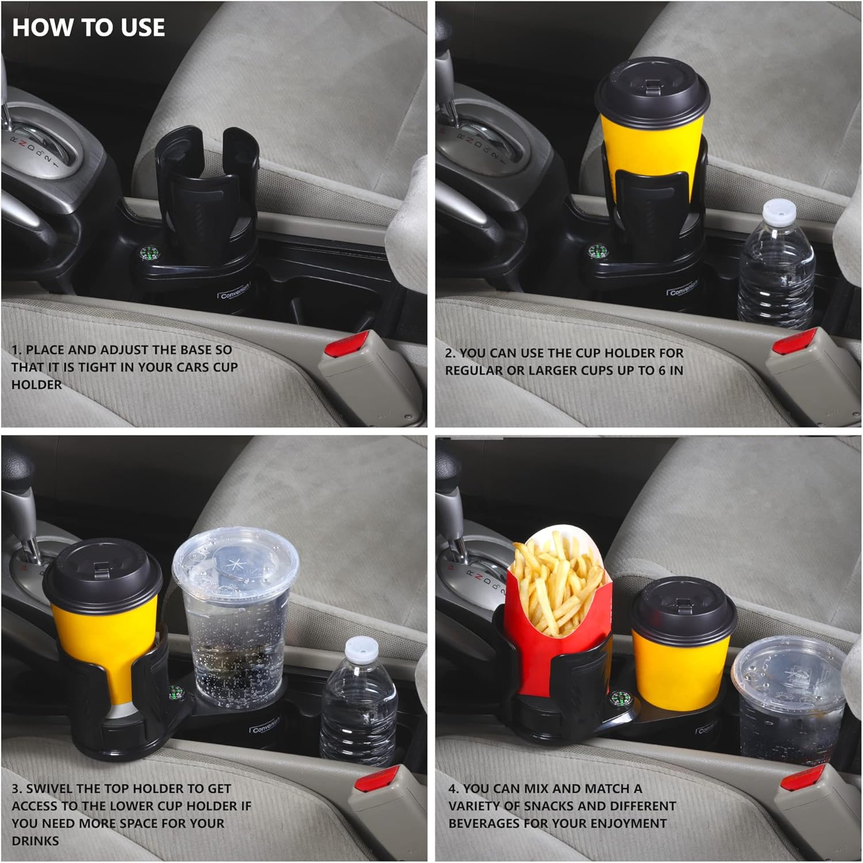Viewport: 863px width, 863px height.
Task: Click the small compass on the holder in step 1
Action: point(150,254)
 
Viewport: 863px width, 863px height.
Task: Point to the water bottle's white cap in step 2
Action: point(779,212)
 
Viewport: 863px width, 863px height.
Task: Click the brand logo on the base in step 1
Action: point(235,293)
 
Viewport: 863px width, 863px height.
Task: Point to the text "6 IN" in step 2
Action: point(671,371)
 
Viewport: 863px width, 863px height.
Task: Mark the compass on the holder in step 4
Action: point(619,698)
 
